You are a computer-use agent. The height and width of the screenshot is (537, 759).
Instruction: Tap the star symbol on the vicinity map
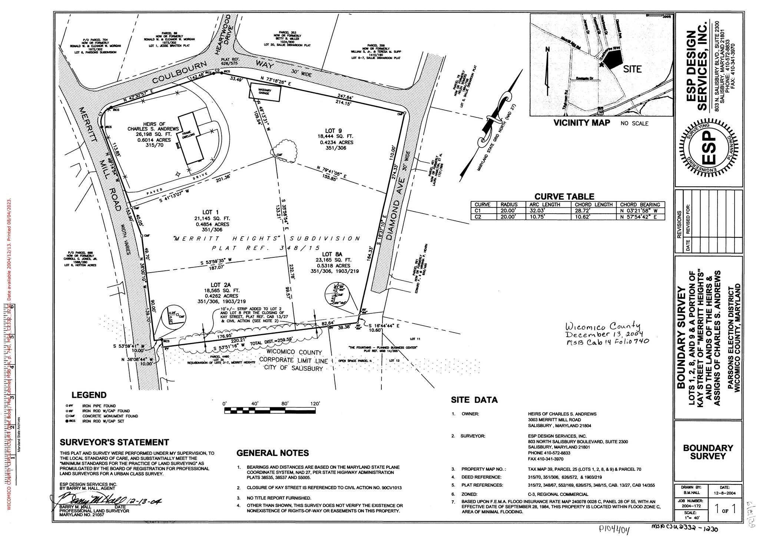[x=601, y=64]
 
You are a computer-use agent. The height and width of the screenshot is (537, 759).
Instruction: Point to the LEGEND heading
[x=89, y=395]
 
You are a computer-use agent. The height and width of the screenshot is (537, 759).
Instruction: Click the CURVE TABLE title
[x=564, y=197]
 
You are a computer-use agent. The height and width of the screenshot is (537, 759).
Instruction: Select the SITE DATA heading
[x=474, y=400]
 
